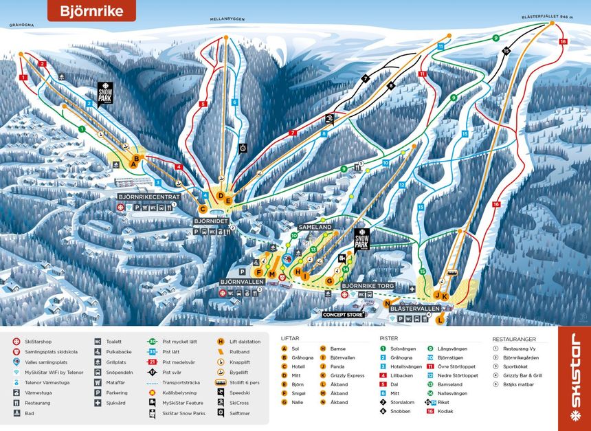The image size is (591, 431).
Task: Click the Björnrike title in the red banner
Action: pos(91,11)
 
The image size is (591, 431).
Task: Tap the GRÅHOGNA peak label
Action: pos(21,25)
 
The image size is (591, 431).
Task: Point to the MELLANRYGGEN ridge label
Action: pos(227,20)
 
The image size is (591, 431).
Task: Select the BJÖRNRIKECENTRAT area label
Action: pos(148,197)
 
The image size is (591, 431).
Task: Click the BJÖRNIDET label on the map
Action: pos(210,221)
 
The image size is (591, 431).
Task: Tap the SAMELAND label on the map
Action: pos(315,226)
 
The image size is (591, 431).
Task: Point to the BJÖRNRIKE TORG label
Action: pos(368,285)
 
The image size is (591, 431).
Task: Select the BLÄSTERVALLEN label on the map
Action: pos(414,309)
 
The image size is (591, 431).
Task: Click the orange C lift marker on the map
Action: pos(203,210)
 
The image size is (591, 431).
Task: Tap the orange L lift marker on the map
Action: pos(441,320)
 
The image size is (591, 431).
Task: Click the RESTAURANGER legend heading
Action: pos(519,338)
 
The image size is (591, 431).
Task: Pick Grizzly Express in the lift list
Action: pos(347,375)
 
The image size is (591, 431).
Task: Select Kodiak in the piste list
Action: pos(447,411)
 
